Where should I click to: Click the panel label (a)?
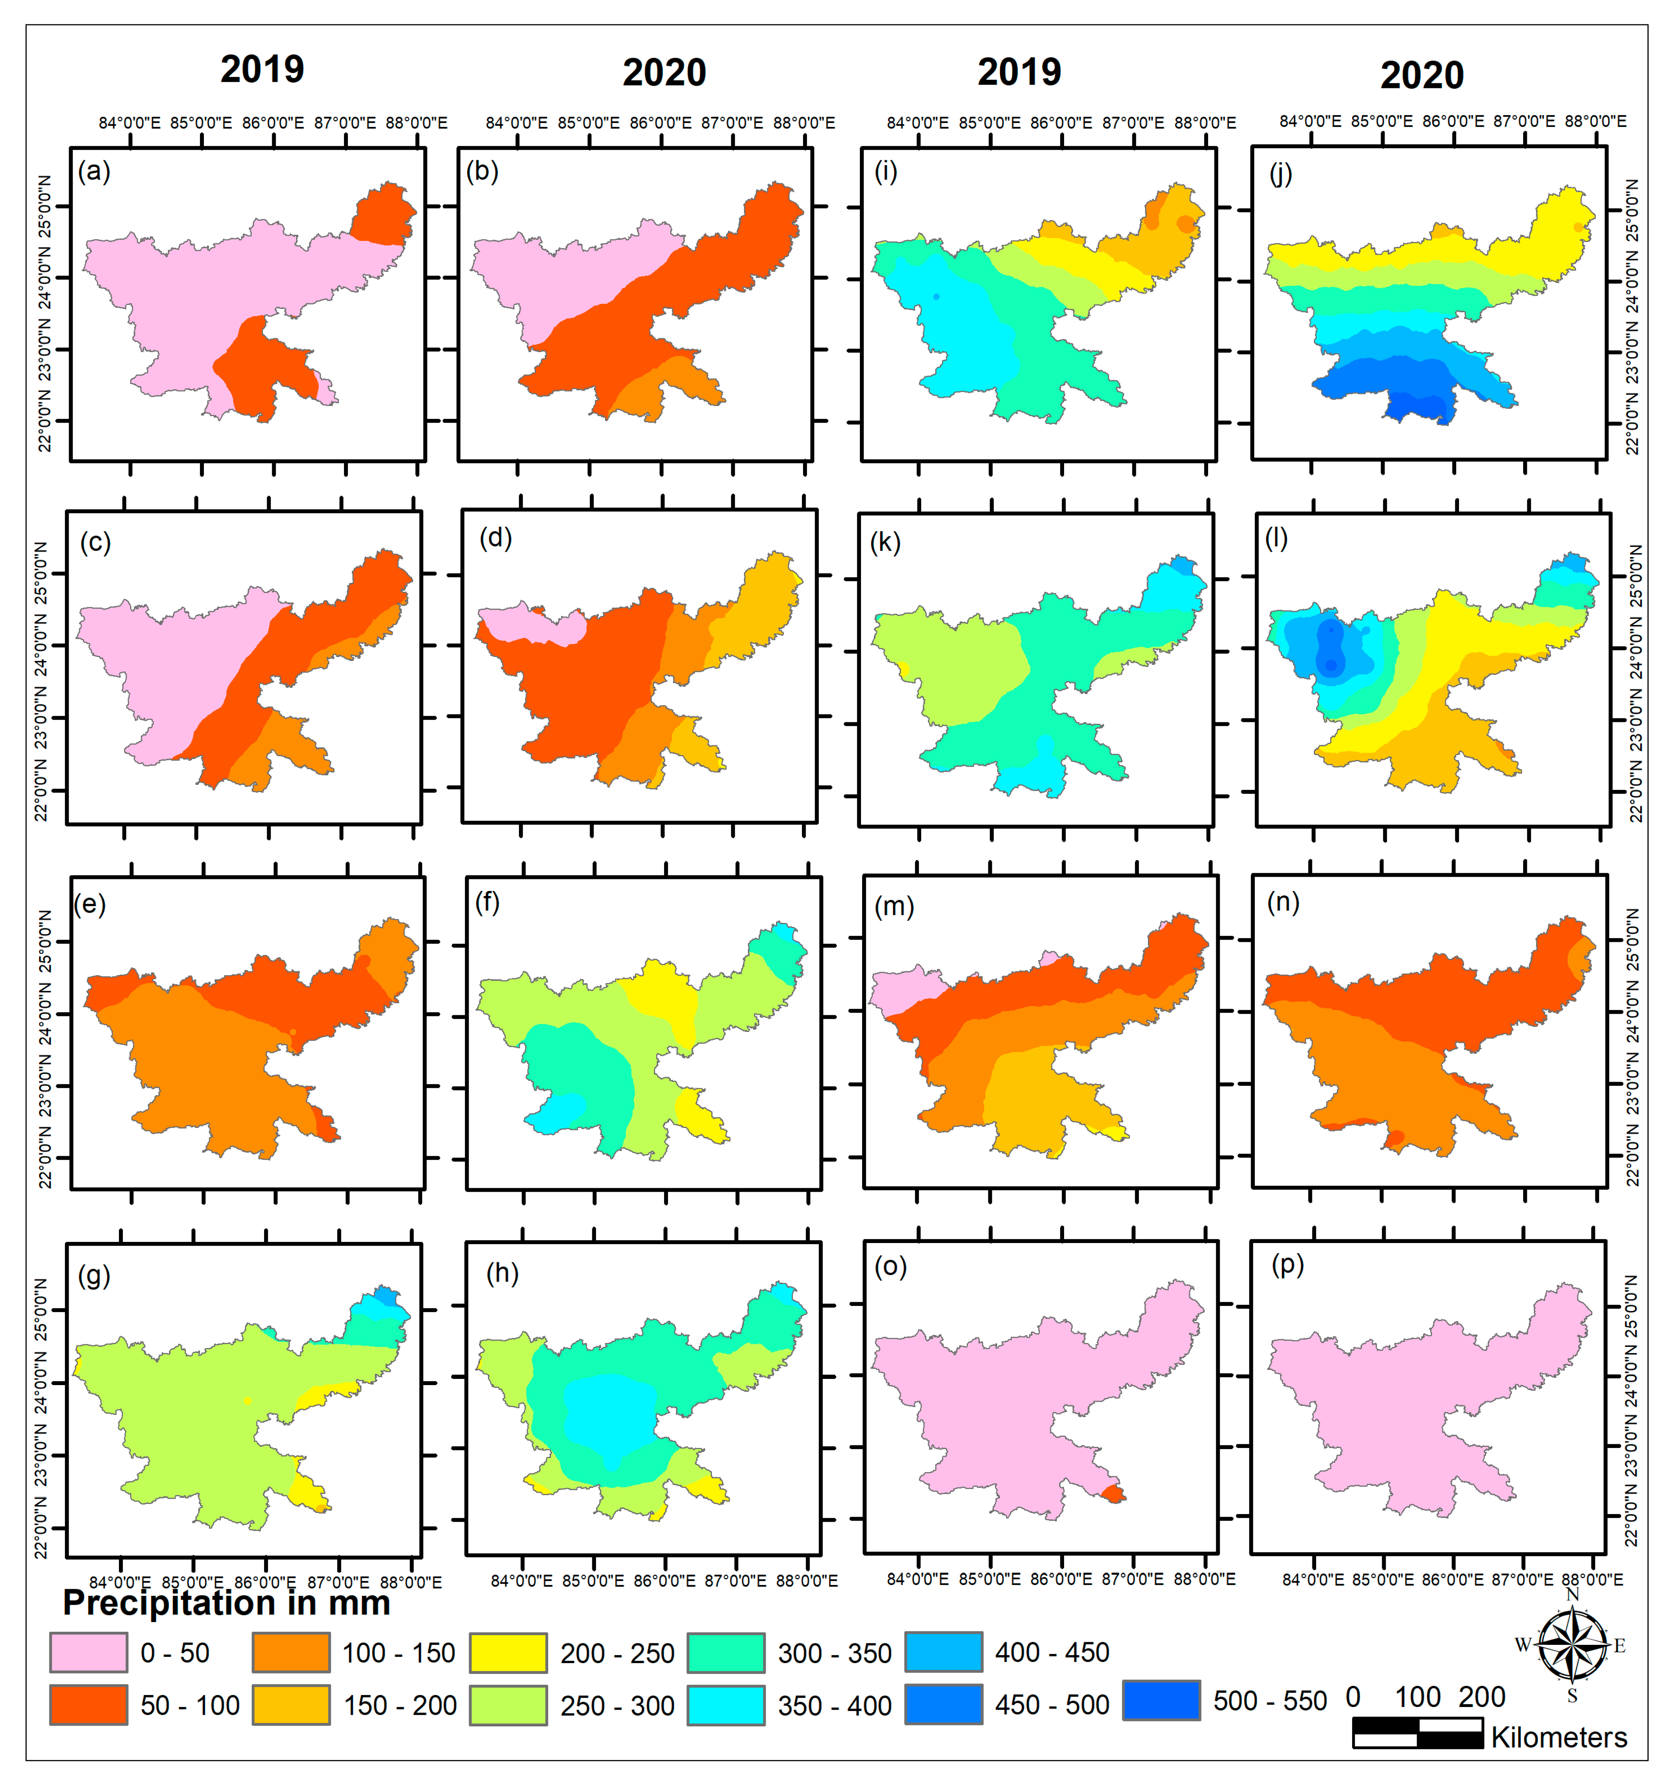point(94,171)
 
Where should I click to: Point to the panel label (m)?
point(894,906)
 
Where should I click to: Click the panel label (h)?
point(502,1272)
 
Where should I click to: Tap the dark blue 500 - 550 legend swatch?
point(1161,1700)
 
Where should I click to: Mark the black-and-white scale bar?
point(1418,1733)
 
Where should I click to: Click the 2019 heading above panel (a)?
point(263,69)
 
